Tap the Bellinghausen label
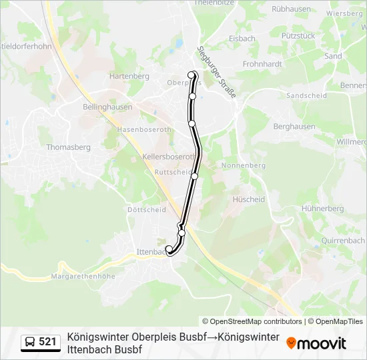tap(107, 107)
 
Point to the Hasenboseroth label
tap(144, 129)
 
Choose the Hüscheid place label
tap(248, 199)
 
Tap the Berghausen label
tap(294, 127)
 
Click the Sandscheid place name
tap(306, 96)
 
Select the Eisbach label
tap(242, 39)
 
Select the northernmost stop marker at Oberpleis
tap(192, 75)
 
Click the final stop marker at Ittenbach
tap(169, 249)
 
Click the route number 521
tap(48, 342)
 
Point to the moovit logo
tap(316, 343)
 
